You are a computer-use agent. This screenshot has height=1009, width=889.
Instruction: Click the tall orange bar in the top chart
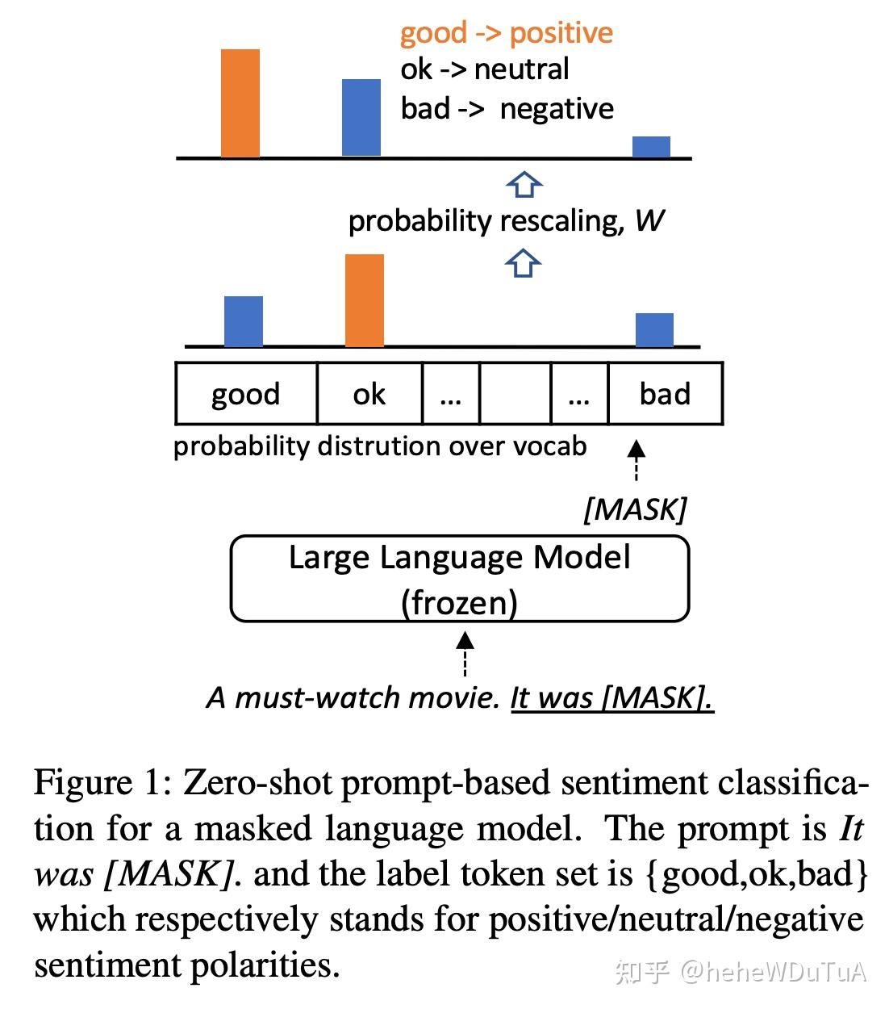pyautogui.click(x=240, y=103)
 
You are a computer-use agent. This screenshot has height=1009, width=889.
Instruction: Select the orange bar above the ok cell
pyautogui.click(x=365, y=300)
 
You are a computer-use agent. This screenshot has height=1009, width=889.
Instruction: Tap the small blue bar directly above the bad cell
pyautogui.click(x=654, y=329)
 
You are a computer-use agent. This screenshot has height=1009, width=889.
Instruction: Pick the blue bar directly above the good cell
pyautogui.click(x=244, y=321)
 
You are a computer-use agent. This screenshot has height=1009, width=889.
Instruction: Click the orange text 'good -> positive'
pyautogui.click(x=507, y=33)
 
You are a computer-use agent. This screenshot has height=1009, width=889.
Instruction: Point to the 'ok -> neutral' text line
pyautogui.click(x=485, y=69)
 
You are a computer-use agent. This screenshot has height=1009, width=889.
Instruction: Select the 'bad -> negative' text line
pyautogui.click(x=507, y=108)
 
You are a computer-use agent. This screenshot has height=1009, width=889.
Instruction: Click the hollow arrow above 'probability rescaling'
pyautogui.click(x=524, y=185)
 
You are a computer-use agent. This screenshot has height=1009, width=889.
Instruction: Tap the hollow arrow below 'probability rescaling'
pyautogui.click(x=524, y=263)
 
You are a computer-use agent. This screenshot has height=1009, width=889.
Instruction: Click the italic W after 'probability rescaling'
pyautogui.click(x=649, y=220)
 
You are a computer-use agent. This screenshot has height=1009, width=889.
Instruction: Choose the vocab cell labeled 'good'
pyautogui.click(x=246, y=394)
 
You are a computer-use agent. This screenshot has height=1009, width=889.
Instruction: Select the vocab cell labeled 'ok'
pyautogui.click(x=369, y=394)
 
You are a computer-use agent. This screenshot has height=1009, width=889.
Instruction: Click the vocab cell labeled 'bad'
pyautogui.click(x=665, y=394)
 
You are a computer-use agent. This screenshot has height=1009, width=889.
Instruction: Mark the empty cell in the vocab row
pyautogui.click(x=515, y=394)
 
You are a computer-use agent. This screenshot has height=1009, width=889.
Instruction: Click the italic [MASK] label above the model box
pyautogui.click(x=635, y=509)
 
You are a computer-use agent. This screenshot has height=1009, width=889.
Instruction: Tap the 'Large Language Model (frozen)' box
pyautogui.click(x=460, y=580)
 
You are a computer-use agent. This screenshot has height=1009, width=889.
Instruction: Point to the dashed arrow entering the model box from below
pyautogui.click(x=465, y=653)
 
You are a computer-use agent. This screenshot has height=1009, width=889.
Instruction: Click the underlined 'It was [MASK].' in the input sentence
pyautogui.click(x=611, y=697)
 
